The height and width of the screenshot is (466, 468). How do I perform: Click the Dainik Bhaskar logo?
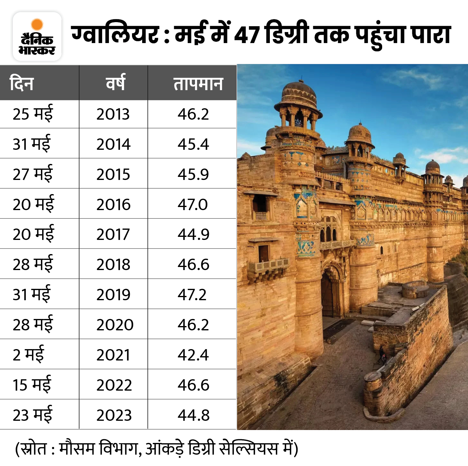[37, 36]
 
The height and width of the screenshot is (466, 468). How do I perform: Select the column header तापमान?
[198, 84]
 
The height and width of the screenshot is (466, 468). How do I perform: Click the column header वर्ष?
[115, 83]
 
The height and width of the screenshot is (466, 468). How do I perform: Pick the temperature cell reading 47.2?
[192, 295]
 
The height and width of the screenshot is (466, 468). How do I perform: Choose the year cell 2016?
[113, 205]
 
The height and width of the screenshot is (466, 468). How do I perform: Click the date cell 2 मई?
[28, 355]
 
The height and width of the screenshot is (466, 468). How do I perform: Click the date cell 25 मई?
[33, 114]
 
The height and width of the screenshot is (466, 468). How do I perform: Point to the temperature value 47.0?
[193, 205]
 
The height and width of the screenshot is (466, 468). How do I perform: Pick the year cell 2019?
[113, 295]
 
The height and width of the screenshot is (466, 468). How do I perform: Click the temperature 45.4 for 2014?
[193, 144]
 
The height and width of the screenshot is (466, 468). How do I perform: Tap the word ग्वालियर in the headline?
[115, 35]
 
